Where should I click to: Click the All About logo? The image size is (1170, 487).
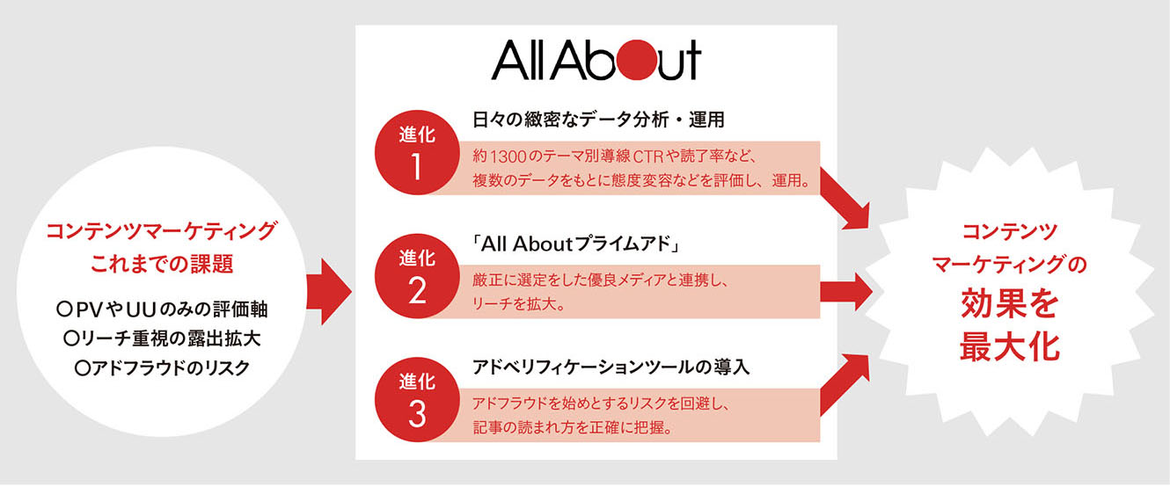coord(596,60)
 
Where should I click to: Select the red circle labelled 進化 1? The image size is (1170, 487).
coord(417,152)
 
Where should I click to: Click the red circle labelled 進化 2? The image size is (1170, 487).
coord(417,276)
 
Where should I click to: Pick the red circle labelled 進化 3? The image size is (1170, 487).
coord(417,399)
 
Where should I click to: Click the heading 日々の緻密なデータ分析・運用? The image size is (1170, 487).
coord(598,120)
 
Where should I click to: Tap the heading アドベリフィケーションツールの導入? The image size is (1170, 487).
coord(611,367)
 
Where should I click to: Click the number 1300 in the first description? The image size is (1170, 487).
coord(508,156)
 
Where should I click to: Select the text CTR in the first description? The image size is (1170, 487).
coord(648,156)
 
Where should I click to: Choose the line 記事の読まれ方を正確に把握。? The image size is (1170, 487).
coord(573,427)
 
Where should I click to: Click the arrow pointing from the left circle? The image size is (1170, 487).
coord(329,292)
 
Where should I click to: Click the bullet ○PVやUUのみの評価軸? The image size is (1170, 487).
coord(162,309)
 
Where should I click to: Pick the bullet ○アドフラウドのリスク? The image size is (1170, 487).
coord(162,368)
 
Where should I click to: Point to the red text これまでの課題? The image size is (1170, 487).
coord(162,264)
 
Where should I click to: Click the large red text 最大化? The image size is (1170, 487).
coord(1009,346)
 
